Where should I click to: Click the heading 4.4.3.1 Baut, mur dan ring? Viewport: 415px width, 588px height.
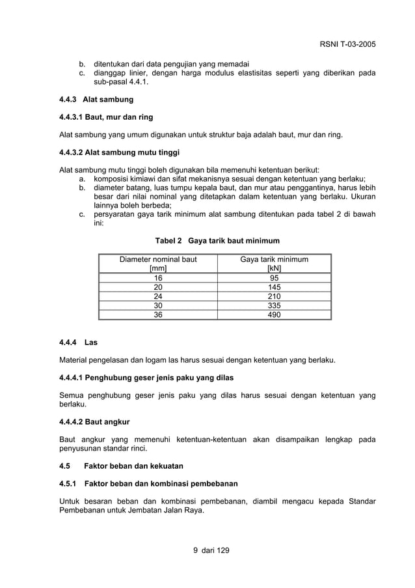(x=106, y=117)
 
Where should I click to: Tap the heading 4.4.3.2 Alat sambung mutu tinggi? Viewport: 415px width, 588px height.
(x=118, y=154)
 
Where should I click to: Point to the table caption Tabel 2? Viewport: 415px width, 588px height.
(x=217, y=240)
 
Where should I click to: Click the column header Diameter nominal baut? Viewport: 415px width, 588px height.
(x=158, y=264)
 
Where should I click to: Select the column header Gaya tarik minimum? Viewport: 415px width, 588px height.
(x=274, y=264)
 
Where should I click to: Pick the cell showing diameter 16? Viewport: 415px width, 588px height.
(x=158, y=277)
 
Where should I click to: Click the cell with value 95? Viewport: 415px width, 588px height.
(x=274, y=277)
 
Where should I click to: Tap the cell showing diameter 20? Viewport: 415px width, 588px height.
(x=158, y=287)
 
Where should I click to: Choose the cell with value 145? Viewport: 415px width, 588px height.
(x=274, y=287)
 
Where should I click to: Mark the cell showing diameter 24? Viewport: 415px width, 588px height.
(x=158, y=296)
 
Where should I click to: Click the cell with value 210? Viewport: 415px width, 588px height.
(x=274, y=296)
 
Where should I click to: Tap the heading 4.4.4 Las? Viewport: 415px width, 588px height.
(x=78, y=342)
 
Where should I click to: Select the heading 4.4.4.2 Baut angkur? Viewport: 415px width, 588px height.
(x=94, y=422)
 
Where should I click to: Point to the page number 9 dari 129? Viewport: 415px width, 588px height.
(x=207, y=551)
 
